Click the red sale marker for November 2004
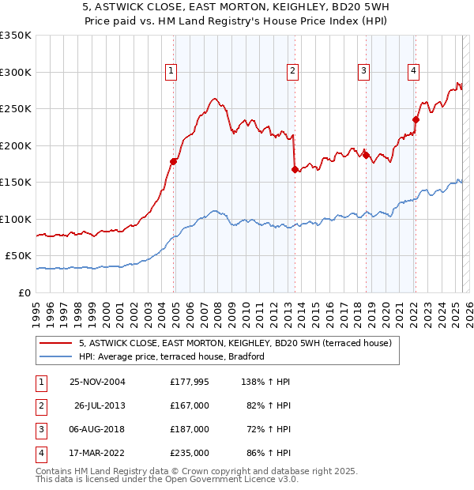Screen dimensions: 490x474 pyautogui.click(x=175, y=161)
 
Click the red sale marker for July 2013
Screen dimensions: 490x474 pyautogui.click(x=295, y=169)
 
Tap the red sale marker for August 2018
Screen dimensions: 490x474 pyautogui.click(x=366, y=154)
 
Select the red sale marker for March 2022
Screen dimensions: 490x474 pyautogui.click(x=416, y=119)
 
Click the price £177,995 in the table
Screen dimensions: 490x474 pyautogui.click(x=189, y=382)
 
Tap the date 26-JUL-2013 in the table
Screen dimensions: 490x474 pyautogui.click(x=100, y=405)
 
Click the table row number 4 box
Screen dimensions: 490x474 pyautogui.click(x=40, y=453)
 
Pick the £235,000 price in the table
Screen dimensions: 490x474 pyautogui.click(x=190, y=453)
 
